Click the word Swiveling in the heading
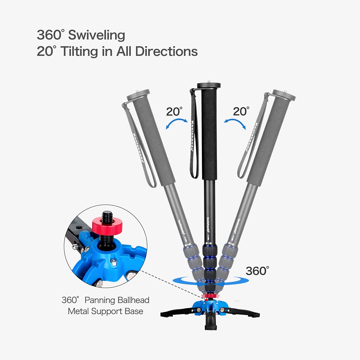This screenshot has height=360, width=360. pos(97,35)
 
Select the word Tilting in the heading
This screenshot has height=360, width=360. pos(79,51)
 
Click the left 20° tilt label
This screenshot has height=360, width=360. pos(174,112)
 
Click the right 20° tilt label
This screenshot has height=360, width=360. pos(241,112)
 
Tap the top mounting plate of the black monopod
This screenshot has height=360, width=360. pos(209,85)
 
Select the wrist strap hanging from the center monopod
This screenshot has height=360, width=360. pos(193,135)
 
